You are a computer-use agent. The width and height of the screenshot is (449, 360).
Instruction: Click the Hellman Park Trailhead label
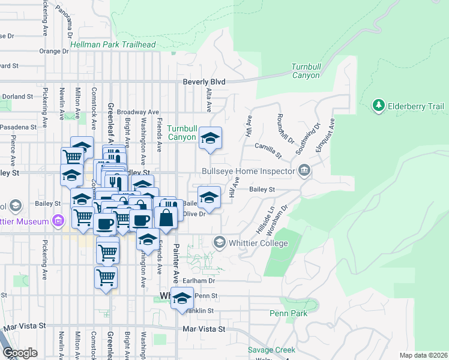[x=113, y=44]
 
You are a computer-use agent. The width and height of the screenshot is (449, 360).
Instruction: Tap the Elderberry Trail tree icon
[x=378, y=106]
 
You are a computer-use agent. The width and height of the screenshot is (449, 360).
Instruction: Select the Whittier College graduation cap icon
[x=219, y=242]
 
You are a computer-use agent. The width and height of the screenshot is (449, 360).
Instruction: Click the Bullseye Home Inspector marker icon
[x=304, y=171]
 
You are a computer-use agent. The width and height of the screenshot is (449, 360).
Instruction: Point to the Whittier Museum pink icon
[x=58, y=221]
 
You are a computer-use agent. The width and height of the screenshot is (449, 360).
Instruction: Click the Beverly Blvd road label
[x=204, y=82]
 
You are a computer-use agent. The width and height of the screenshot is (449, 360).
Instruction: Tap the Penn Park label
[x=288, y=313]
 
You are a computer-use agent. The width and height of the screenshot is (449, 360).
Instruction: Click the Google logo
[x=20, y=353]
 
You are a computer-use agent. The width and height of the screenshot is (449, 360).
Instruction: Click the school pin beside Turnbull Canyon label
[x=210, y=139]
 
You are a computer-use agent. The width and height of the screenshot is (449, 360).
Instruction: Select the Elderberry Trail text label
[x=417, y=106]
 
